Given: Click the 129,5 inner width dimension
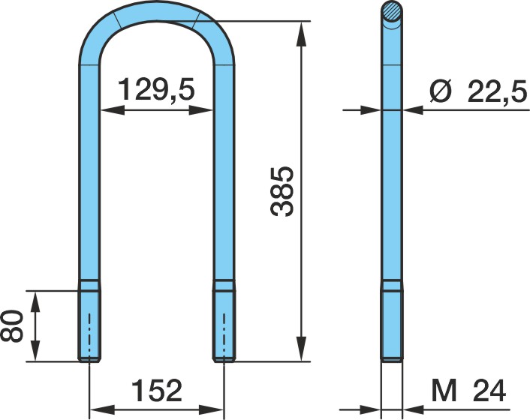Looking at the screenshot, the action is pos(156,89).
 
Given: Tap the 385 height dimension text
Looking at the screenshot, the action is pos(282,190).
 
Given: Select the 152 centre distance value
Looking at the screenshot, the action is pos(156,390).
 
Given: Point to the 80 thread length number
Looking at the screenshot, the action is pos(12,326).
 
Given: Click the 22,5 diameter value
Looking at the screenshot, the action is pos(497,91).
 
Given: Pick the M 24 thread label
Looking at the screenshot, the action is pos(468,391).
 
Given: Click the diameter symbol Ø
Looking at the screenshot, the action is pos(441,91).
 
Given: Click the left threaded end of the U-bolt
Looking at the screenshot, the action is pos(89,321).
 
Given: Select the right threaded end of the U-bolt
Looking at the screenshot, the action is pos(224,321).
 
